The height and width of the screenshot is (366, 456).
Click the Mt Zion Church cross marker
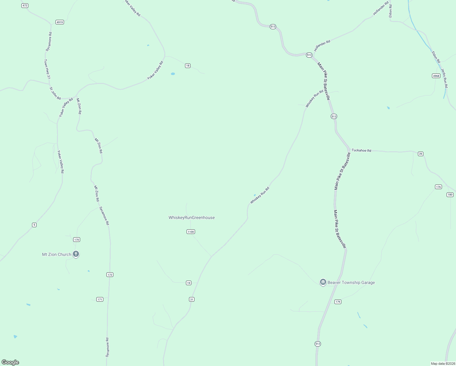click(76, 254)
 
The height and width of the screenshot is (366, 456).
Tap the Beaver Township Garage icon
click(323, 282)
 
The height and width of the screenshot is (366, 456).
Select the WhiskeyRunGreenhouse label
click(191, 217)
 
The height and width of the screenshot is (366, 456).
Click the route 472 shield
click(25, 6)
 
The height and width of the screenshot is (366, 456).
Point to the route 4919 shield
click(60, 22)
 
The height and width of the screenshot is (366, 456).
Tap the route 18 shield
click(188, 66)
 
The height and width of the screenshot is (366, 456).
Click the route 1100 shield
click(191, 232)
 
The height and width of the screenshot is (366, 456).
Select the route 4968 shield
click(436, 76)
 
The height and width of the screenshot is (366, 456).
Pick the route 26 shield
click(421, 154)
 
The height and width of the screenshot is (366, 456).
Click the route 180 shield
click(450, 195)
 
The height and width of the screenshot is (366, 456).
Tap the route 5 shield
click(34, 225)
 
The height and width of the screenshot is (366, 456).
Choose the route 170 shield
click(77, 240)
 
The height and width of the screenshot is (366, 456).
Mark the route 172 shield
click(110, 275)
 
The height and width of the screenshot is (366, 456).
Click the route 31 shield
click(191, 300)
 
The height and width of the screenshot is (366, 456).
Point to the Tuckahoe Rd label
click(361, 150)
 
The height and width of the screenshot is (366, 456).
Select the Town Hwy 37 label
click(47, 69)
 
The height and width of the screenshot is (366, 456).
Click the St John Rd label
click(55, 93)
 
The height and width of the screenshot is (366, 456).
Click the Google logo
click(10, 362)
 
